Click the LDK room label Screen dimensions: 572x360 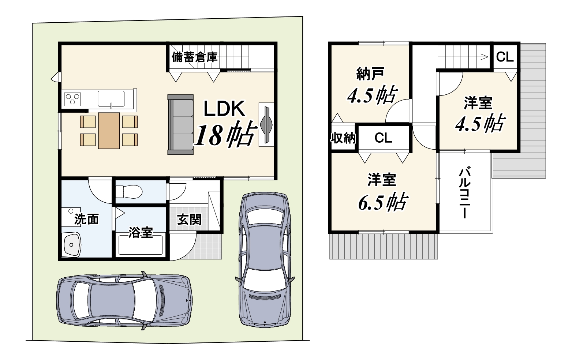click(x=224, y=109)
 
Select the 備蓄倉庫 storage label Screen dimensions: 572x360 click(x=195, y=57)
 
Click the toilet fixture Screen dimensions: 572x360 click(x=129, y=191)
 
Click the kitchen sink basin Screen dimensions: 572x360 click(x=111, y=99)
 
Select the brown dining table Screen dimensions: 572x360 click(x=109, y=131)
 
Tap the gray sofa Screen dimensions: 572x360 click(x=180, y=125)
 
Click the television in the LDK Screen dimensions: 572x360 click(x=266, y=125)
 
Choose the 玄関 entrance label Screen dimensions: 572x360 click(x=189, y=219)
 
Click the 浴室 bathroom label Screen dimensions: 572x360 click(x=141, y=232)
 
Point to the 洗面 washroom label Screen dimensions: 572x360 click(x=87, y=219)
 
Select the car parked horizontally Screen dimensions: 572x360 click(x=124, y=300)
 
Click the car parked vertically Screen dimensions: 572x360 click(x=265, y=260)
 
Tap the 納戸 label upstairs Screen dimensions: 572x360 click(x=370, y=74)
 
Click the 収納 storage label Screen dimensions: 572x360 click(x=343, y=138)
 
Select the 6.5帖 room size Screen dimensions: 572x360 click(x=383, y=202)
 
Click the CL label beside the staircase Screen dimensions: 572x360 click(x=505, y=57)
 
